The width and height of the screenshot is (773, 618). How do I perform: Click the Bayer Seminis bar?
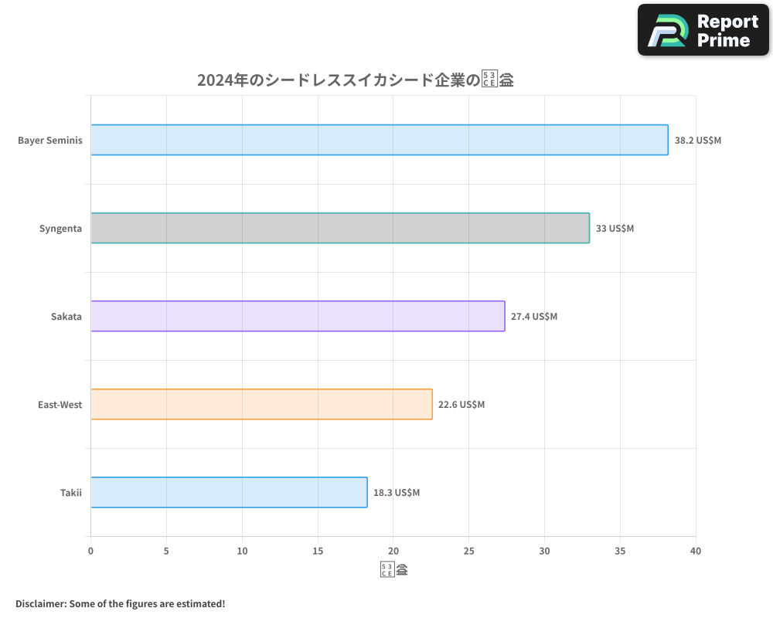[379, 140]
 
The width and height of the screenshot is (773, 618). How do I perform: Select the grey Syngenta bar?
[340, 228]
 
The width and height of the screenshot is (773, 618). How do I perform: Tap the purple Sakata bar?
[298, 316]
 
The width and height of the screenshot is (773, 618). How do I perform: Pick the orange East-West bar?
[261, 404]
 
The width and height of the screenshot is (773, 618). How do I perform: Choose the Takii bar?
[229, 492]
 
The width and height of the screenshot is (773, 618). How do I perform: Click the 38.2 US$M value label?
[697, 141]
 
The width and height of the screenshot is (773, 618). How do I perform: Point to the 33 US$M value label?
[615, 229]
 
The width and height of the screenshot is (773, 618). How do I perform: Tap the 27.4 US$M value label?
[533, 317]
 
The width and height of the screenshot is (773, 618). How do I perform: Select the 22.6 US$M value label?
[461, 405]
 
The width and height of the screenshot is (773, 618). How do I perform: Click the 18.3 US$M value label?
[397, 493]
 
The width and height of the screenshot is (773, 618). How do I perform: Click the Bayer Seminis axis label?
[50, 141]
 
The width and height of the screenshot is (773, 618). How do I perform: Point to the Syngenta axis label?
[60, 229]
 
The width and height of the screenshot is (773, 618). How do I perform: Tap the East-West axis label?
[60, 405]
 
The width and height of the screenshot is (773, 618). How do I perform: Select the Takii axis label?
[71, 493]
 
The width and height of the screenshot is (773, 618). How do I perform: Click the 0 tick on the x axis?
[90, 551]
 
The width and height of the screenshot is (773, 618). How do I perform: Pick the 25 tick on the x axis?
[468, 551]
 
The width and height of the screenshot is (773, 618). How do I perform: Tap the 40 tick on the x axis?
[696, 551]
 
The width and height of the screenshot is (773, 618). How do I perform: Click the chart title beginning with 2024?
[356, 80]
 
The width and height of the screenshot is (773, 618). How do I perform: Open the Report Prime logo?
[703, 30]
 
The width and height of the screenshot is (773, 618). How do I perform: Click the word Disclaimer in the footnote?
[39, 603]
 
